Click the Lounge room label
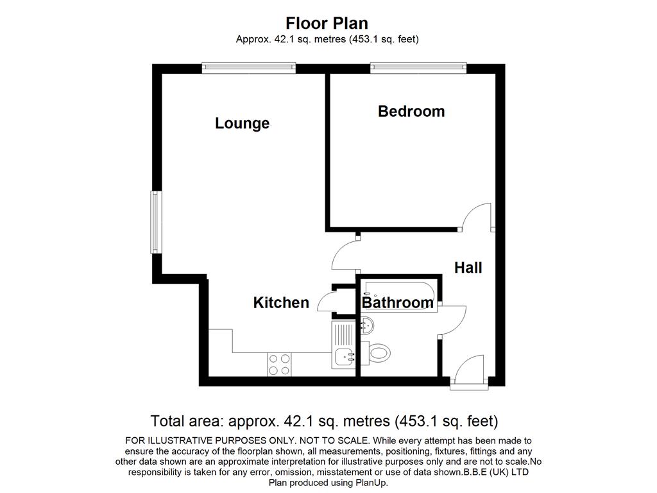coord(242,124)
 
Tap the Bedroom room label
coord(411,111)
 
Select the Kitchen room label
coord(281,302)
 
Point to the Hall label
coord(468,268)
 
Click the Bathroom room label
coord(398,302)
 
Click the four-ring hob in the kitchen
coord(280,365)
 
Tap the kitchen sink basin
coord(345,357)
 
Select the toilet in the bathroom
coord(376,353)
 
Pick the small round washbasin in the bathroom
coord(367,325)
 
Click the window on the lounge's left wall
coord(156,222)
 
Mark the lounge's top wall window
coord(249,68)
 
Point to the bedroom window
coord(418,68)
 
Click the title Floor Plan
coord(327,23)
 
